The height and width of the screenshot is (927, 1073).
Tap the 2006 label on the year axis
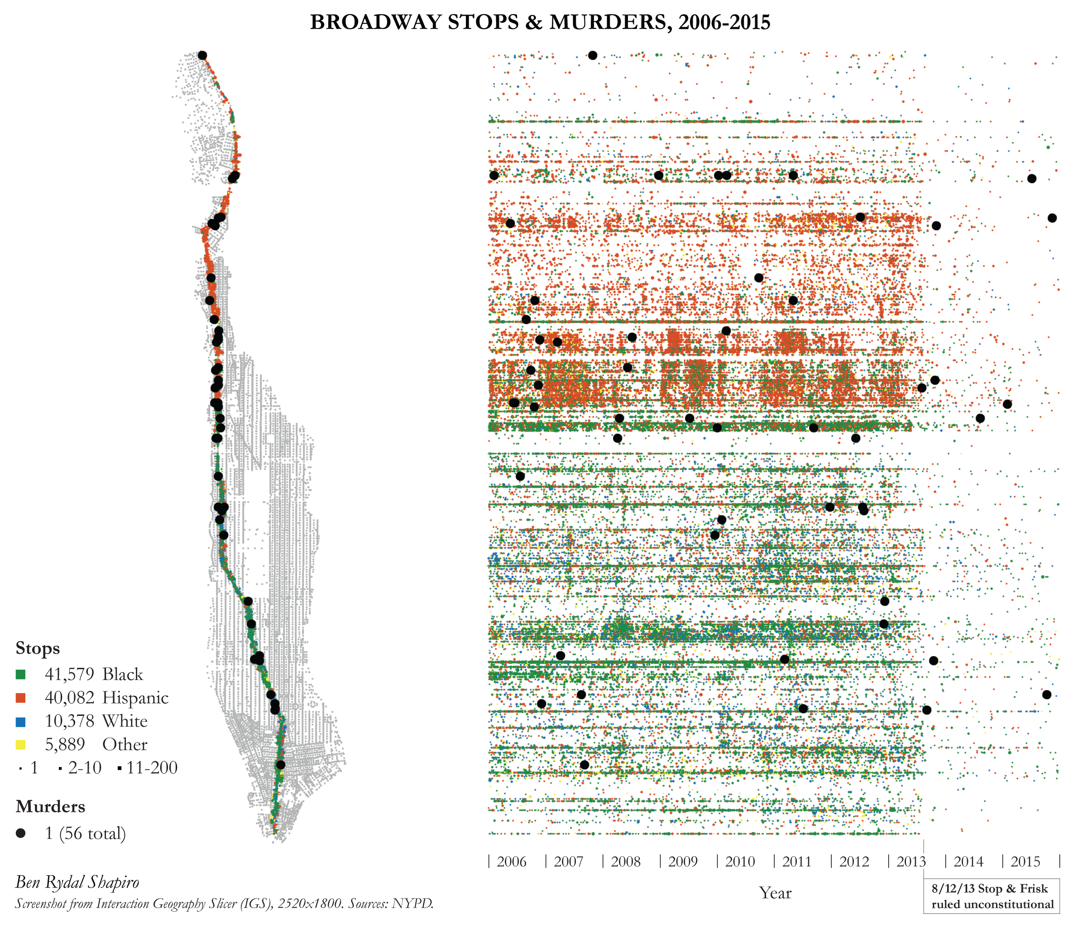click(511, 861)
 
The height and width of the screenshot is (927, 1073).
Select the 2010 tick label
click(739, 861)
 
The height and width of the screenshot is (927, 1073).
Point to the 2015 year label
click(1025, 861)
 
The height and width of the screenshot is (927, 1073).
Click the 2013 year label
click(911, 861)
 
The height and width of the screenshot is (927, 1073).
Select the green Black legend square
click(21, 674)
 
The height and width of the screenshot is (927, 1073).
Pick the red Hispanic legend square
click(21, 698)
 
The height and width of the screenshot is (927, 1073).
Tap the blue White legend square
click(21, 721)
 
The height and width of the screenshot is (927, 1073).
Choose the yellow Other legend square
click(21, 744)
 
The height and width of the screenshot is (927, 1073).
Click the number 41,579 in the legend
click(69, 674)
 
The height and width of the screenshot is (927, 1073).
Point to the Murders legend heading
click(50, 806)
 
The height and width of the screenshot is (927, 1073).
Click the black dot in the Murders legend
click(21, 833)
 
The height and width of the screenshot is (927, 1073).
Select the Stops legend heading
click(38, 648)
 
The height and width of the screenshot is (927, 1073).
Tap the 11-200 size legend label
click(152, 768)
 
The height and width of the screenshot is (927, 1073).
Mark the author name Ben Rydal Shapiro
click(77, 882)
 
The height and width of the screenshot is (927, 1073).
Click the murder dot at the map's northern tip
click(202, 55)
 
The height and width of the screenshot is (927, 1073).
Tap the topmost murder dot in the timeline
click(593, 55)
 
